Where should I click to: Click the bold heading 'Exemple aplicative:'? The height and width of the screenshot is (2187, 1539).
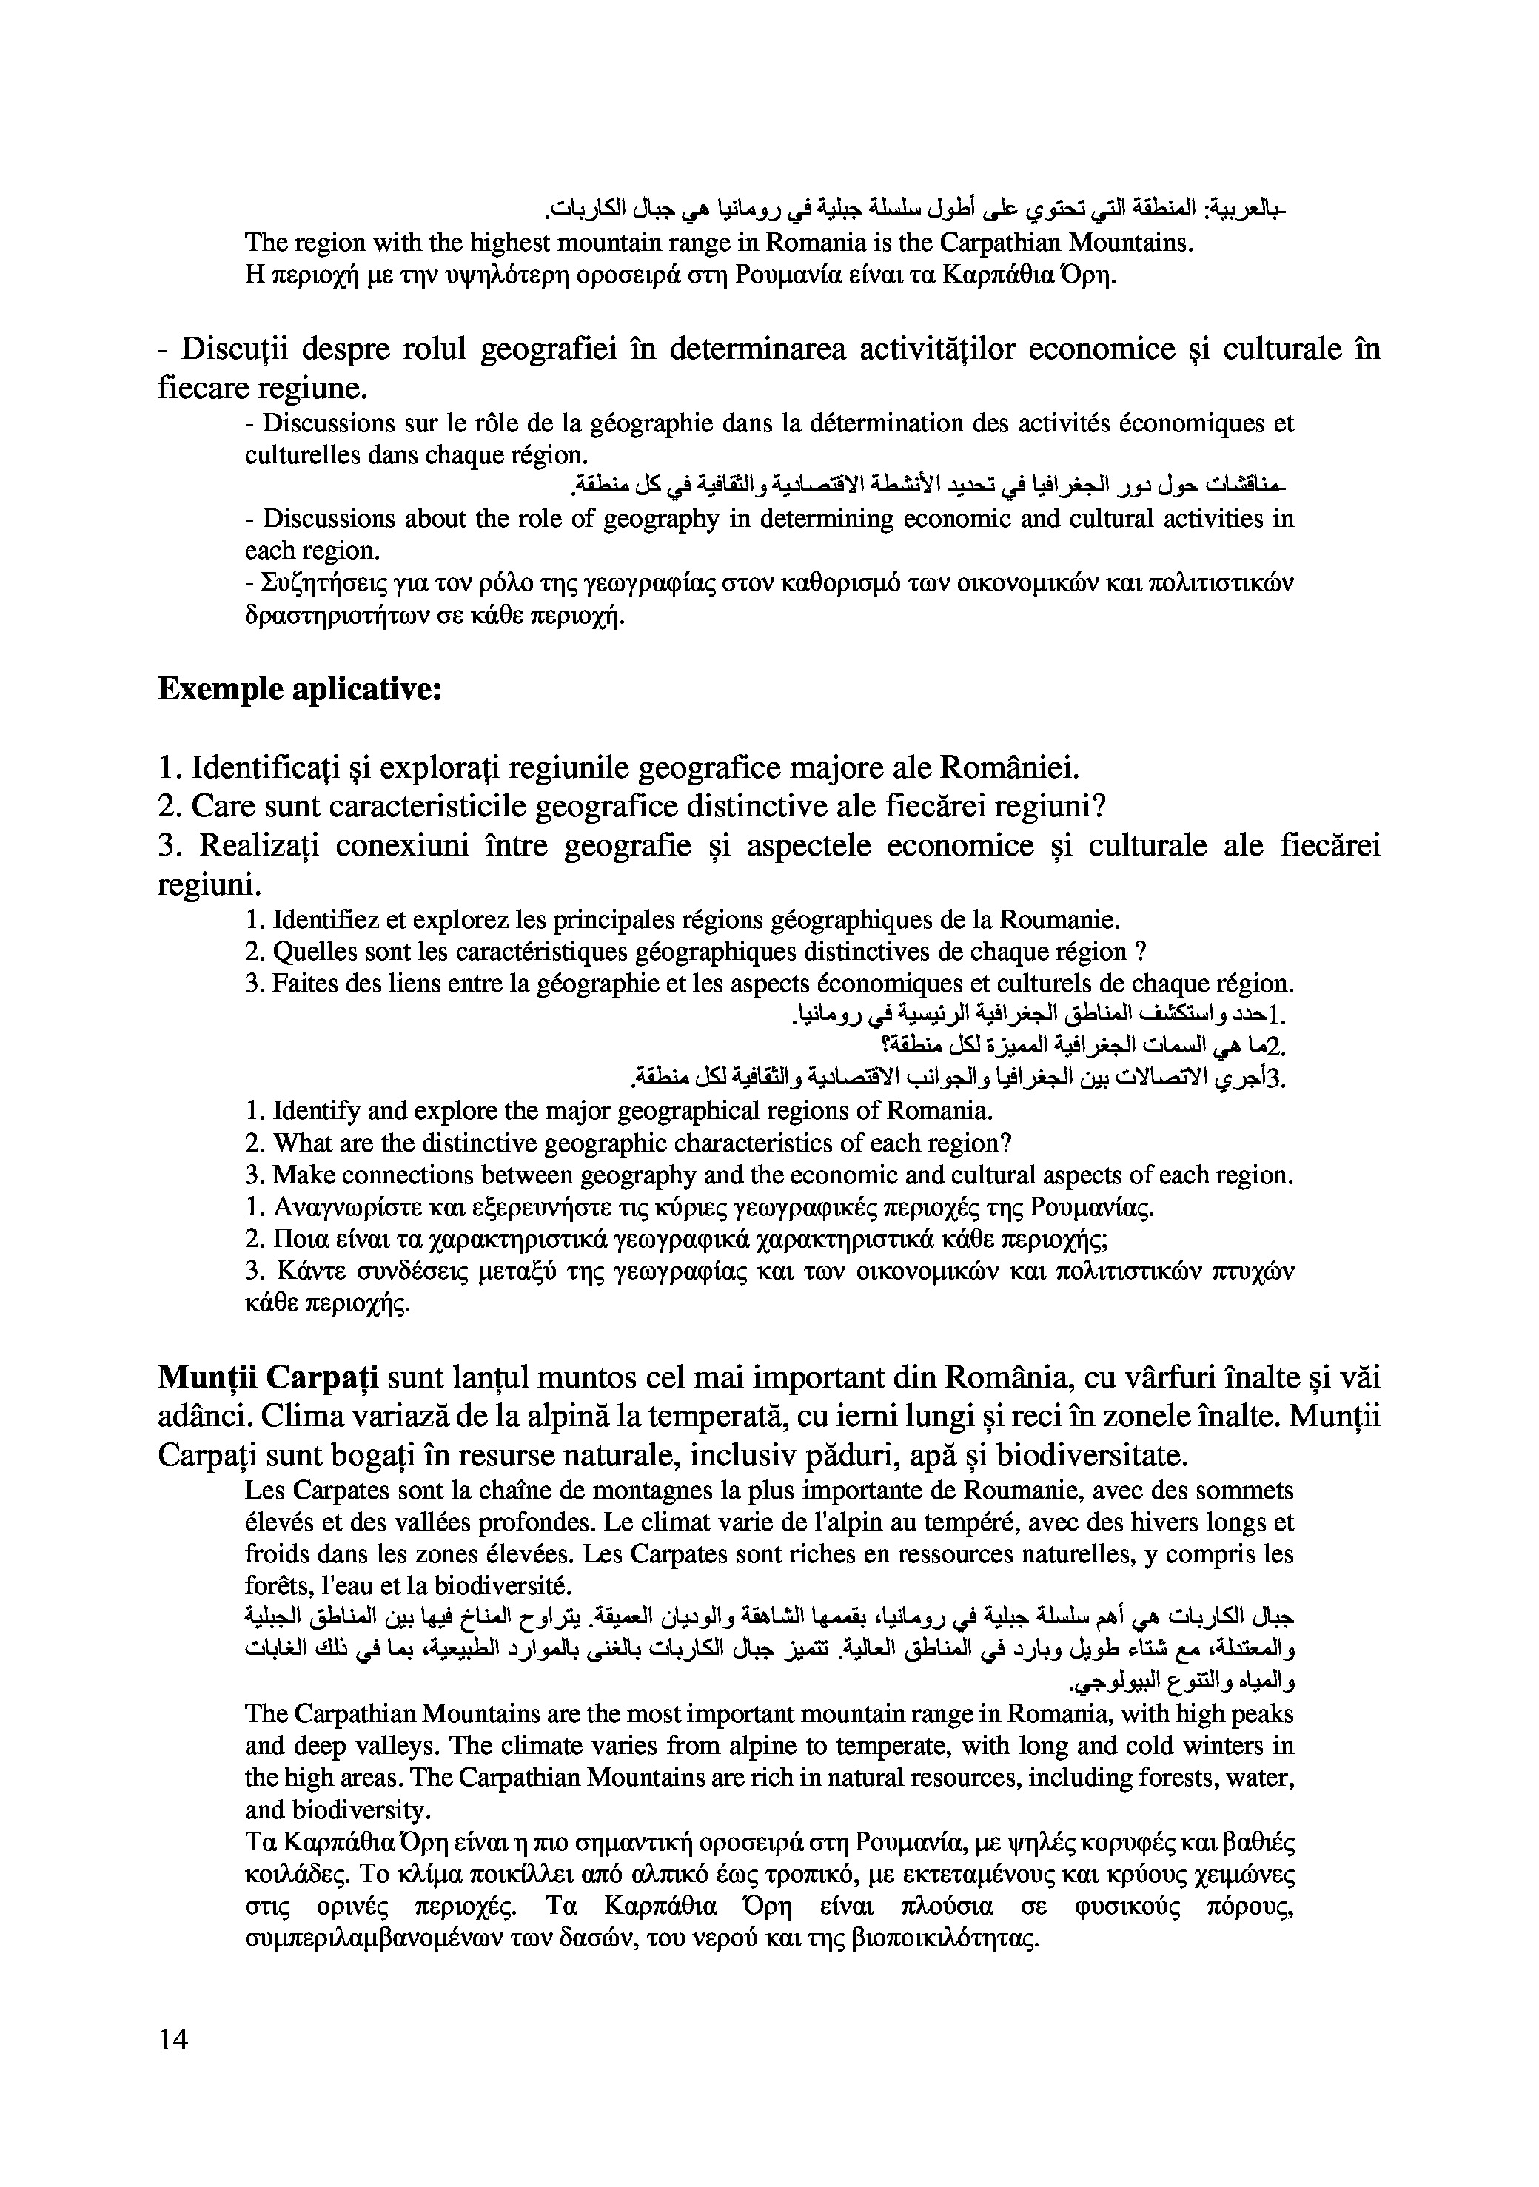click(x=299, y=689)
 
